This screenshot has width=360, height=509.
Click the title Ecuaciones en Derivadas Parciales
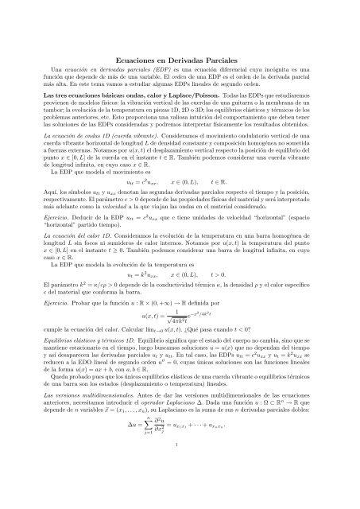(x=180, y=60)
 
